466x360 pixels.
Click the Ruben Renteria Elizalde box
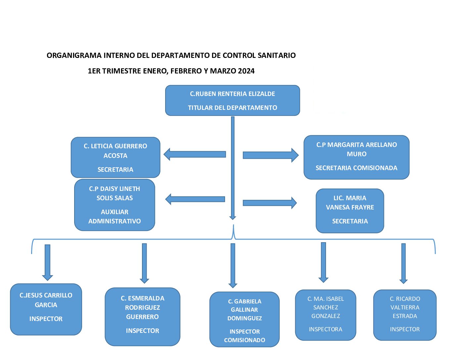point(232,100)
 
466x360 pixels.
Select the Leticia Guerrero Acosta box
point(116,157)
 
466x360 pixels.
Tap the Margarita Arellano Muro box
point(356,157)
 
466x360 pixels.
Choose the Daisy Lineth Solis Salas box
point(115,205)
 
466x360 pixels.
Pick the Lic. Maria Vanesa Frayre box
point(350,211)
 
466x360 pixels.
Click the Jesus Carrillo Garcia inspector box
point(46,309)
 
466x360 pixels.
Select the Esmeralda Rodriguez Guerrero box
point(142,317)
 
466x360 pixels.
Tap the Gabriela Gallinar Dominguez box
point(245,319)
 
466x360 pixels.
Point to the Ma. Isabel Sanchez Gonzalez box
point(326,315)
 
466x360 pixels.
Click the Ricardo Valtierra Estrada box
point(405,315)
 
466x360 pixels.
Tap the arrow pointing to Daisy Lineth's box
point(195,199)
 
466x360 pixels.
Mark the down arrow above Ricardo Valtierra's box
point(403,263)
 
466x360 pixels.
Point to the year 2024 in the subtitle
point(246,71)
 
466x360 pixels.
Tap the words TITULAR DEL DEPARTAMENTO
point(232,108)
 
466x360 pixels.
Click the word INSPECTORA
point(326,329)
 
